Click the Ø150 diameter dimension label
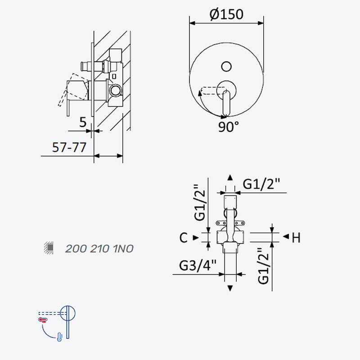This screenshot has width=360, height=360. click(226, 14)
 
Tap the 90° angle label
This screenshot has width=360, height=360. click(229, 126)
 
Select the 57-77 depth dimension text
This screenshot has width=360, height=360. click(69, 148)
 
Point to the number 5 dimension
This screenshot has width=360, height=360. click(83, 122)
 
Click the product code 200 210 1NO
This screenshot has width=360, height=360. click(99, 249)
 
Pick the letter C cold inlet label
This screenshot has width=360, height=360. click(183, 238)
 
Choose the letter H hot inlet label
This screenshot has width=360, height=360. click(296, 238)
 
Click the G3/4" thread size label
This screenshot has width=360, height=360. click(198, 265)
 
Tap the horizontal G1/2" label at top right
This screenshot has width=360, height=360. click(261, 184)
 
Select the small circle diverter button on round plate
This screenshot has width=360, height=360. click(226, 67)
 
